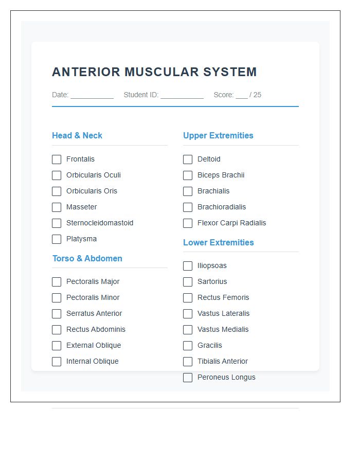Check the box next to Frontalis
(x=57, y=159)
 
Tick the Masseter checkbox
(x=57, y=207)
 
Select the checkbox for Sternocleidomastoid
(x=57, y=223)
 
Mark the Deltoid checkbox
(x=188, y=159)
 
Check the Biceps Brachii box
(x=188, y=175)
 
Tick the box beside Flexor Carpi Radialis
(x=188, y=223)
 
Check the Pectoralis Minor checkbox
(x=57, y=298)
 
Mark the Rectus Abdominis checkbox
(x=57, y=330)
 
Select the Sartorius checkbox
(x=188, y=282)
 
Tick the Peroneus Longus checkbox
(x=188, y=378)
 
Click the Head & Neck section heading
(x=77, y=136)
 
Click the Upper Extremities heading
(x=218, y=136)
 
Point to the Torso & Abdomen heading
(x=87, y=258)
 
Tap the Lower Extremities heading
(x=219, y=242)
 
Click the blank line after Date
(x=92, y=95)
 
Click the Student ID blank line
(x=182, y=95)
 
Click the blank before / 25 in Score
(x=242, y=95)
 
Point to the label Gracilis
(x=210, y=345)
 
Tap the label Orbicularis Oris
(x=92, y=191)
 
